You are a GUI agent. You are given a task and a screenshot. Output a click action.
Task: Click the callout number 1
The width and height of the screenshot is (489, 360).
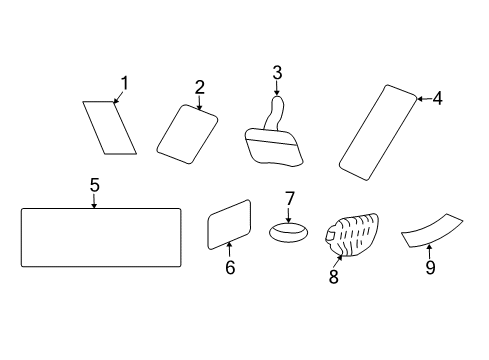point(124,83)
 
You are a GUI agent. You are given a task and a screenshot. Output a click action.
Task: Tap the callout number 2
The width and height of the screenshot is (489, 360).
point(199,87)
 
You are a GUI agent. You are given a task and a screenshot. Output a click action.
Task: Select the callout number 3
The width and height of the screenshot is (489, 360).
point(277,73)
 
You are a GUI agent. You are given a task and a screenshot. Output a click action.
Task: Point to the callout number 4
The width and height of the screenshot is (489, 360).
point(437,99)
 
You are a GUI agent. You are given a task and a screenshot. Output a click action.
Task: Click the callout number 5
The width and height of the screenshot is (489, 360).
point(95,185)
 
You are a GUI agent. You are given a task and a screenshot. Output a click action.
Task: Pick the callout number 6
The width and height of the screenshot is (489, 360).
point(230,267)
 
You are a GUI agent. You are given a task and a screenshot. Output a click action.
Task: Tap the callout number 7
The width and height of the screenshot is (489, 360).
point(290,199)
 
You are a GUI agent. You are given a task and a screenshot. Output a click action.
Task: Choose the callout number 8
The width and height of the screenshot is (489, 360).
point(334,276)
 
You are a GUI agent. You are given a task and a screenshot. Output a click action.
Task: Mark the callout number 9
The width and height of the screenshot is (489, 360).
point(430,267)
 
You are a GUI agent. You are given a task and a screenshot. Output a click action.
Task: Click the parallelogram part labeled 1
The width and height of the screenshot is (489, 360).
point(109,128)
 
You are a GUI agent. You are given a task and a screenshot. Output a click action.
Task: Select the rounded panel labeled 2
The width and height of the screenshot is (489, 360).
point(187,134)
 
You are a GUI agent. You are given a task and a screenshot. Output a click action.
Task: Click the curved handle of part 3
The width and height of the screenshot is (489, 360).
point(275,113)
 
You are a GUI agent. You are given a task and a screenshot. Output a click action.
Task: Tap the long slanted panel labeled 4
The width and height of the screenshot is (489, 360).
point(378,133)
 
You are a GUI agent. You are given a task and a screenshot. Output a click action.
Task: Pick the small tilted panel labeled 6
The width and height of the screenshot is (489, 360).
point(229,224)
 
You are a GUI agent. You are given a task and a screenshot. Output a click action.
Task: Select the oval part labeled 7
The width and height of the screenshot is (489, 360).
point(288,232)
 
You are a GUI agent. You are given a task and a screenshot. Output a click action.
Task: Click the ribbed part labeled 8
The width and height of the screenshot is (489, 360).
point(352,235)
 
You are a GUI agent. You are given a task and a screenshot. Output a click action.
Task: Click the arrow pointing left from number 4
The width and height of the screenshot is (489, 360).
point(424,99)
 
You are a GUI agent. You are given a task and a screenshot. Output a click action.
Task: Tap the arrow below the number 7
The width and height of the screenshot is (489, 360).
point(289,215)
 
